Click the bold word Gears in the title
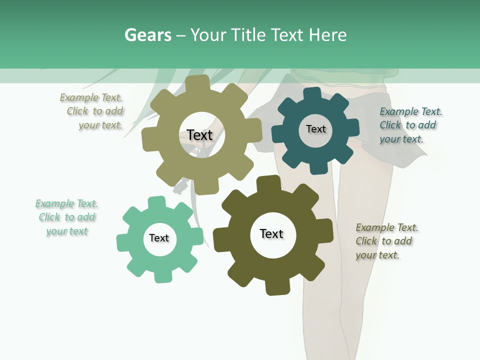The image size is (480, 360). (x=148, y=35)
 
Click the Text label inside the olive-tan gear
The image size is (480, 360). (x=199, y=135)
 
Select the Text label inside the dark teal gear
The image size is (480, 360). (x=315, y=129)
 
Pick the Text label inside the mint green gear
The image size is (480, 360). (x=159, y=238)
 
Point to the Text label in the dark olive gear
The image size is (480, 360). (x=271, y=233)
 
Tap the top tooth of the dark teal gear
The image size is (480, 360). (x=312, y=94)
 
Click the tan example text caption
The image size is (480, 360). (x=92, y=111)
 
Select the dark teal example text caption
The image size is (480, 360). (x=410, y=125)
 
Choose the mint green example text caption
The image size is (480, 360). (x=66, y=217)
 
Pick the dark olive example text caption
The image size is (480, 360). (x=386, y=241)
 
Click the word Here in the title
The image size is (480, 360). (x=328, y=35)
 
